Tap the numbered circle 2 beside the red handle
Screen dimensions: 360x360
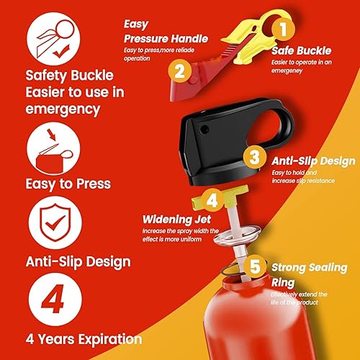click(x=181, y=71)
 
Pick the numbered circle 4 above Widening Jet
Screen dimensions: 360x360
click(x=212, y=198)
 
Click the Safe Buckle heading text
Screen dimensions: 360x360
click(x=300, y=51)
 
